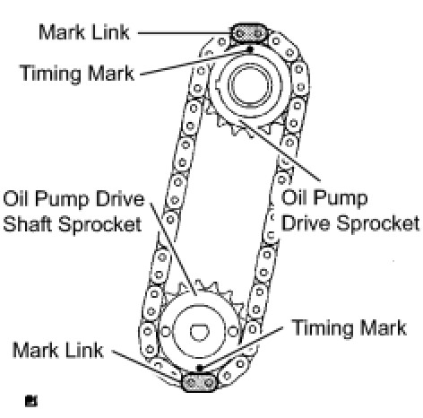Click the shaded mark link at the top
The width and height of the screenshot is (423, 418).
pos(248,33)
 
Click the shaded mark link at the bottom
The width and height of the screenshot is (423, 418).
pos(199,382)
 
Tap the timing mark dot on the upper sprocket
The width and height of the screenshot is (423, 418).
pos(250,49)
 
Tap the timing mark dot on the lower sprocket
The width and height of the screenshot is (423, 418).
pos(200,368)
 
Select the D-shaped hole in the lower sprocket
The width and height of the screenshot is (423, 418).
pos(200,332)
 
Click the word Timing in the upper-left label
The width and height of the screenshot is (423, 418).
pos(51,74)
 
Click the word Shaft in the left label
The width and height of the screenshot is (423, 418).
pos(28,224)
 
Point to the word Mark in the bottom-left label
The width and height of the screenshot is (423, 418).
pos(36,350)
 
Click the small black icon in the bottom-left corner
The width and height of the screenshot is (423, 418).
pos(31,401)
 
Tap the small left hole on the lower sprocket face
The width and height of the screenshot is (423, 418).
pos(166,331)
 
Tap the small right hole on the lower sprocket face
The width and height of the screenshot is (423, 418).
pos(233,331)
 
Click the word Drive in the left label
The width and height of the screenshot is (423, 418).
pos(120,198)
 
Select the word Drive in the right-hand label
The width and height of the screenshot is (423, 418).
pos(306,223)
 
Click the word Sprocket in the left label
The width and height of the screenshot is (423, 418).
pos(100,224)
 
